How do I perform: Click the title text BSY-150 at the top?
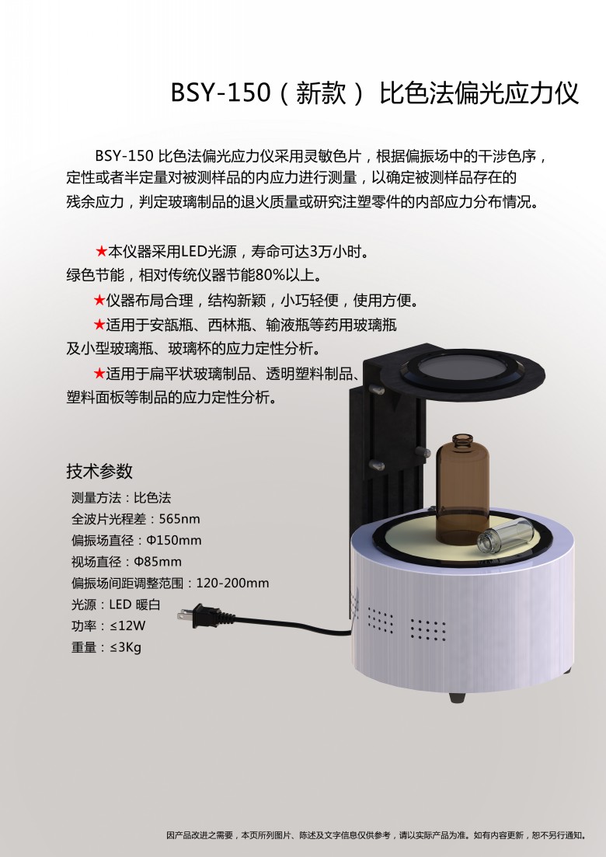click(x=221, y=92)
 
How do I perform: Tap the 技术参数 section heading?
click(x=99, y=471)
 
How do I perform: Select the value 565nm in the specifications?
click(x=179, y=519)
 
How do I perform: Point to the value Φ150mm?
click(x=174, y=540)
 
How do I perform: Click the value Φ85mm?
click(x=158, y=561)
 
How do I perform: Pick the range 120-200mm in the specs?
click(x=232, y=583)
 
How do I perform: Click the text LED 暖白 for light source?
click(x=134, y=604)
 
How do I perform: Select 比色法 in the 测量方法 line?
click(x=152, y=497)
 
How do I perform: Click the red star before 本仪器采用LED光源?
click(x=101, y=252)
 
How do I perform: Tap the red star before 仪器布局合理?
click(x=99, y=300)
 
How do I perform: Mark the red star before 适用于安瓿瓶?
click(x=99, y=325)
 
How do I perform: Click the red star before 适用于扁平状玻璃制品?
click(x=99, y=373)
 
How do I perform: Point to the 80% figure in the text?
click(x=270, y=276)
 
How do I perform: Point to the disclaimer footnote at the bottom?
click(x=377, y=835)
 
